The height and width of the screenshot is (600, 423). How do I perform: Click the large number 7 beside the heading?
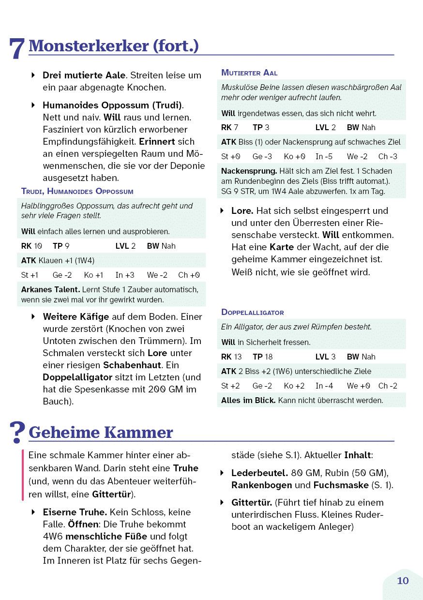17,48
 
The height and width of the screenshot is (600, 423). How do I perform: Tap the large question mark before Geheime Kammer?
17,432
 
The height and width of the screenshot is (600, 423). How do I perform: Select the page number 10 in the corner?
403,581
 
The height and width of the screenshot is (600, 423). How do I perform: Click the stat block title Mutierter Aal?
249,73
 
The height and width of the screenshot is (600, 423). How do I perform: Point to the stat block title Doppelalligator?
252,312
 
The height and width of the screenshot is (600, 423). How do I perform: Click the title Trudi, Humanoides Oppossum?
77,191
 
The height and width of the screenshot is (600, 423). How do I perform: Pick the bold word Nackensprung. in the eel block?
249,171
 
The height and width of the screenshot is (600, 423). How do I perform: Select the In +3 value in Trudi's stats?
125,275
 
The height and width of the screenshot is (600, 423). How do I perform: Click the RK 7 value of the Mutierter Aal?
229,127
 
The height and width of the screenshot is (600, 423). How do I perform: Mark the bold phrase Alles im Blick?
248,400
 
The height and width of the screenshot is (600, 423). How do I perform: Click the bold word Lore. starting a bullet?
242,211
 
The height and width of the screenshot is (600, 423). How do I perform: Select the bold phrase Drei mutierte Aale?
84,75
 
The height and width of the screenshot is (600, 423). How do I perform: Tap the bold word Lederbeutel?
259,473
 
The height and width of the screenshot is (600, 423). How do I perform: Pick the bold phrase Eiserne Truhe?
75,512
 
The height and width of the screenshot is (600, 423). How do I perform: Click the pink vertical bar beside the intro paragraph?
23,475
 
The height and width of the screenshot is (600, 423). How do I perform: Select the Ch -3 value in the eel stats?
388,156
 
